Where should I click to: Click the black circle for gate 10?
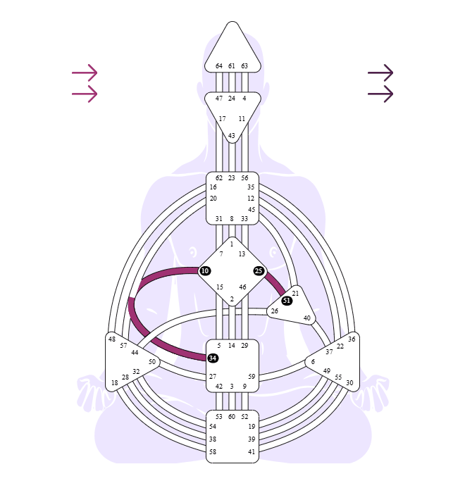[x=204, y=271]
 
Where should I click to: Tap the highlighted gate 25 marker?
[x=259, y=271]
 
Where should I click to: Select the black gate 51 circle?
[x=287, y=301]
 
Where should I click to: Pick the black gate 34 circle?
[x=213, y=358]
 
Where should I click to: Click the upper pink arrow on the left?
[x=85, y=73]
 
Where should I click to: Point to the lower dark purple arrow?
[x=380, y=94]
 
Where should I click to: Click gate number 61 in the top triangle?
[x=231, y=66]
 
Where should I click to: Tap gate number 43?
[x=231, y=136]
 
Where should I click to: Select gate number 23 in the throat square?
[x=231, y=178]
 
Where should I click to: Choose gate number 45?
[x=252, y=209]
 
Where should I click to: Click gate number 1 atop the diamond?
[x=231, y=244]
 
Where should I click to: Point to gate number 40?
[x=306, y=318]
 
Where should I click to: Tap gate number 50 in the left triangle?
[x=152, y=362]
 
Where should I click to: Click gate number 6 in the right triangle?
[x=313, y=362]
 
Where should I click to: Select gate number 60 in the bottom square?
[x=231, y=417]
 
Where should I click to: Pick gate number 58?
[x=213, y=451]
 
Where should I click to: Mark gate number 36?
[x=352, y=339]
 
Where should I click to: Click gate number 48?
[x=112, y=339]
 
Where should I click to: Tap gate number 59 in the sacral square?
[x=252, y=377]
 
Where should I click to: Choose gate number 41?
[x=252, y=451]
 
